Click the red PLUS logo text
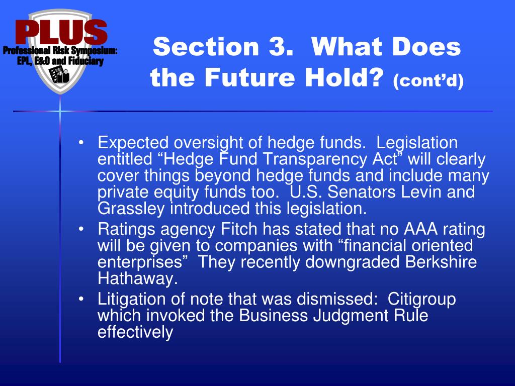pos(61,32)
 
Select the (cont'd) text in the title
pos(428,80)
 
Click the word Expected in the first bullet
pos(133,143)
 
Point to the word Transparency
pos(315,159)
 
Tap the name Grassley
pos(131,209)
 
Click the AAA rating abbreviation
pos(421,229)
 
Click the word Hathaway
pos(138,278)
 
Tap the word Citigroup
pos(422,300)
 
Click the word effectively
pos(135,332)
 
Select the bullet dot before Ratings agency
pos(81,229)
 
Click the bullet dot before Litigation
pos(81,299)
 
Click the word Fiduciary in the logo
pos(85,61)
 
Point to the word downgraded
pos(353,262)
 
